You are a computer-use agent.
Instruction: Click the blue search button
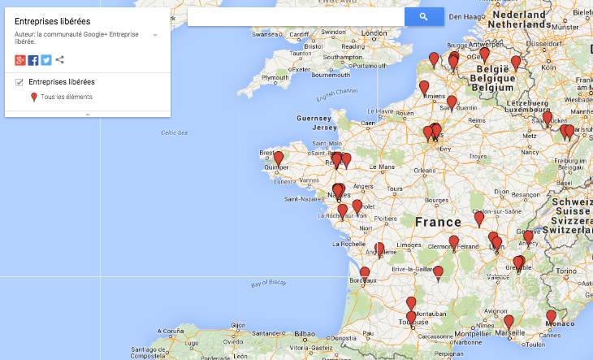[x=424, y=16]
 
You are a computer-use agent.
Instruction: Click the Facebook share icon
[x=33, y=60]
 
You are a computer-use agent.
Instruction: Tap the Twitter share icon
[x=46, y=60]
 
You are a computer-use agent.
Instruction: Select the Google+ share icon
[x=20, y=60]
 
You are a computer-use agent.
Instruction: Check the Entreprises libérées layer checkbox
[x=19, y=82]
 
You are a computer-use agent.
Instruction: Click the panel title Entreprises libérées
[x=52, y=21]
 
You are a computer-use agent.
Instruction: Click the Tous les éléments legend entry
[x=66, y=98]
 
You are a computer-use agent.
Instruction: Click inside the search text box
[x=296, y=16]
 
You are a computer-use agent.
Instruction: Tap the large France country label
[x=439, y=221]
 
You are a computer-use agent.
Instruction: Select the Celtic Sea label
[x=174, y=132]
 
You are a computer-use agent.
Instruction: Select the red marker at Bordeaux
[x=365, y=273]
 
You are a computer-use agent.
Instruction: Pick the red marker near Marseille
[x=509, y=321]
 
